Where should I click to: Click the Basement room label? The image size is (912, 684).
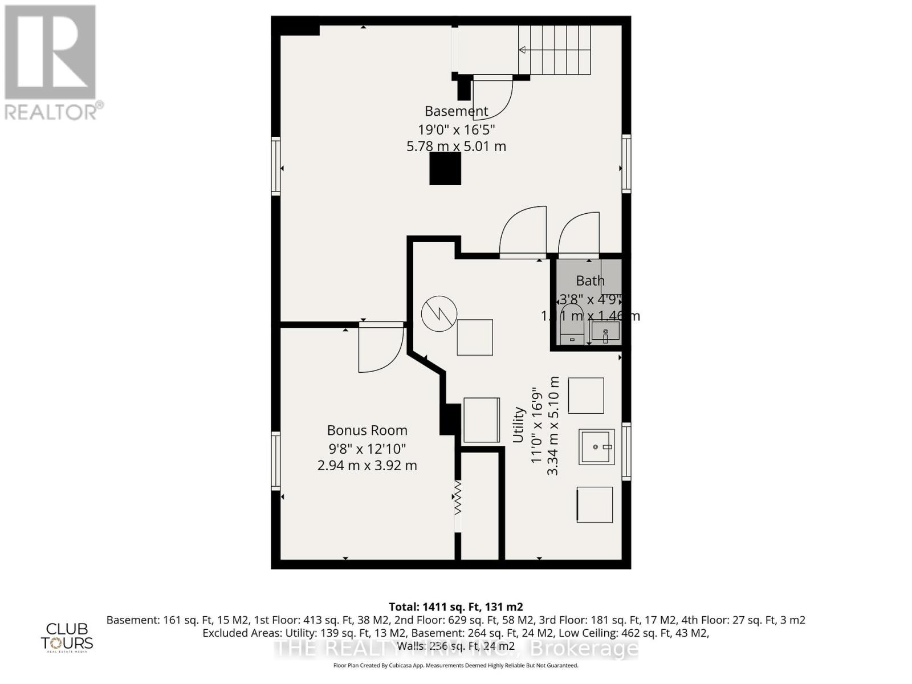coord(456,111)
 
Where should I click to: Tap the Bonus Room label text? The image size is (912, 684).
coord(367,430)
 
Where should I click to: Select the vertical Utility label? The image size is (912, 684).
coord(518,424)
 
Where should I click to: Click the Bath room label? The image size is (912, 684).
coord(590,280)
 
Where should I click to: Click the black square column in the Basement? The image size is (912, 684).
coord(445,169)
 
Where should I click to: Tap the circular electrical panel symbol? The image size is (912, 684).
coord(439,313)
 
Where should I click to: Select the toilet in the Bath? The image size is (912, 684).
coord(572,325)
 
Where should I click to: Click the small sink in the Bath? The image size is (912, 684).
coord(605,331)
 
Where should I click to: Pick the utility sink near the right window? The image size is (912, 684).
coord(597,447)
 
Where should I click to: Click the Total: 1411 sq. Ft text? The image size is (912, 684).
coord(455,606)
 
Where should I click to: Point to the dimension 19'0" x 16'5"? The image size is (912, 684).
coord(456,129)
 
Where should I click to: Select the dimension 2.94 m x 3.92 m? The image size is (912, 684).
coord(367,466)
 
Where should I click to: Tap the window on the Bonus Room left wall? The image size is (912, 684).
coord(276,461)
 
